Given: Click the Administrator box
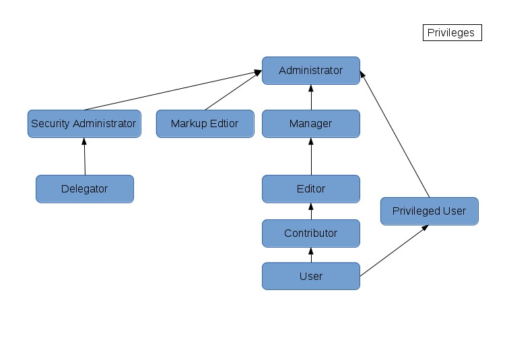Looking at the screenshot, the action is (x=311, y=71).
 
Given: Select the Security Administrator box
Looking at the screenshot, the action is (x=84, y=124).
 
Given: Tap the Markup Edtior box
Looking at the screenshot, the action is (x=205, y=124).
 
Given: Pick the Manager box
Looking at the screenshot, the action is (x=311, y=124).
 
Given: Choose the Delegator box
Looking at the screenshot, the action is (x=85, y=189).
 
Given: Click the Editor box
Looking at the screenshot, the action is (x=311, y=189).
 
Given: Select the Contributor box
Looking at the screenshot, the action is (x=311, y=233).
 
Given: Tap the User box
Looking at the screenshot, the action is (x=311, y=276).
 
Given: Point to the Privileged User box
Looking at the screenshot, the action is (x=430, y=211).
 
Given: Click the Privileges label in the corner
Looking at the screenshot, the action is (x=452, y=33).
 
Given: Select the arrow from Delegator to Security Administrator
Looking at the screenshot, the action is (x=84, y=156).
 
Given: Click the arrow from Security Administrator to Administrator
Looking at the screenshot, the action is (x=173, y=90).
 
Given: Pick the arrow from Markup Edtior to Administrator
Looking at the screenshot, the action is (x=234, y=90).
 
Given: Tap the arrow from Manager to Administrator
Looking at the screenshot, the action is (x=311, y=98).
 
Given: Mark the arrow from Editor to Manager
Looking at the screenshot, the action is (x=311, y=156).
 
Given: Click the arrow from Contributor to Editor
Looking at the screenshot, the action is (x=311, y=211).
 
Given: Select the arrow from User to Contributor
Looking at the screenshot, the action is (x=311, y=254).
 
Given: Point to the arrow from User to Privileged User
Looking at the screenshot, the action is (x=395, y=250).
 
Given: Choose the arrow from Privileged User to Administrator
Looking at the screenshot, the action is (x=395, y=134).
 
